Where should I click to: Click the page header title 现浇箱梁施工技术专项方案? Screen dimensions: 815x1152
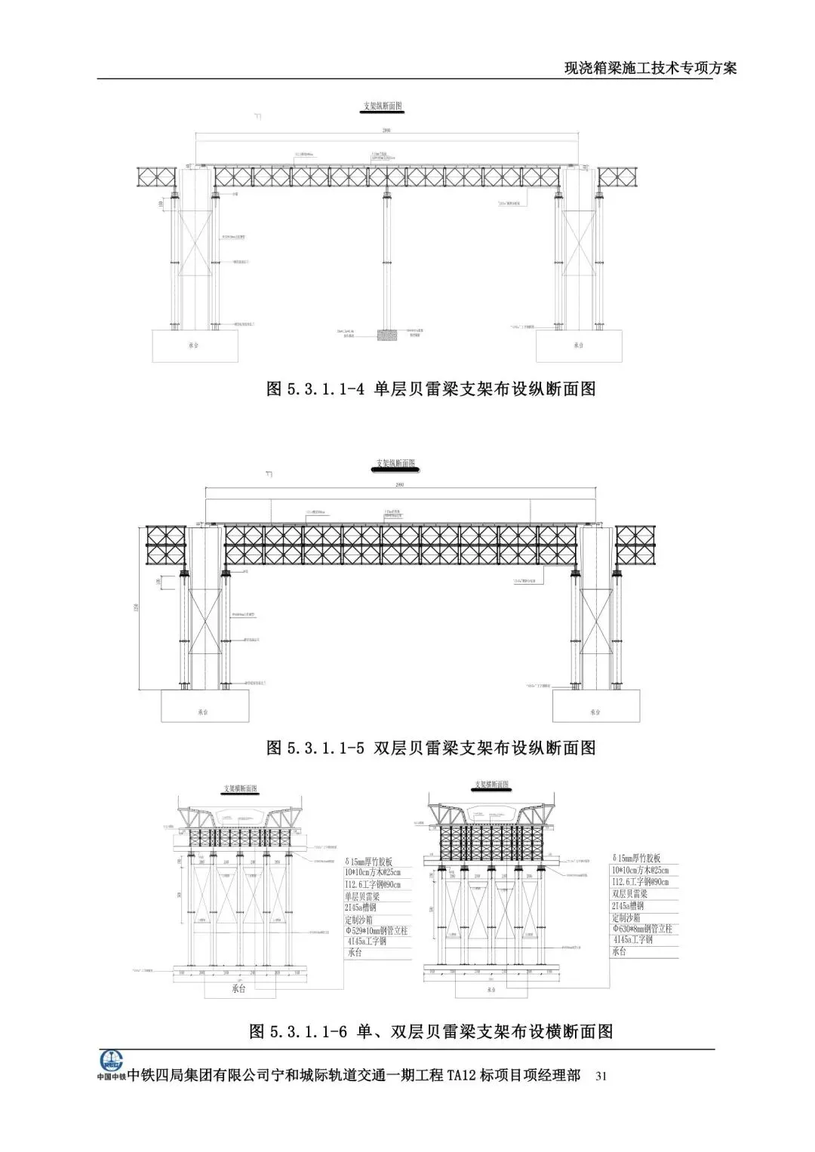[x=650, y=68]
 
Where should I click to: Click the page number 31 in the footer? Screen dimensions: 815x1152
[x=601, y=1075]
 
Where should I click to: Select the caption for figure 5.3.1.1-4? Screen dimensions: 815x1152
[x=431, y=389]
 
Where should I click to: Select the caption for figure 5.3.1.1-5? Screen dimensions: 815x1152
[x=431, y=748]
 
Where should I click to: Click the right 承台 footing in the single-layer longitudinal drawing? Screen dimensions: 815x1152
[x=578, y=346]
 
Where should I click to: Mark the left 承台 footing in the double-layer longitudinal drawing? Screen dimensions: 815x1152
[x=204, y=711]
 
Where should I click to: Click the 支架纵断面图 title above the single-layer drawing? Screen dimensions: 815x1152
[x=383, y=107]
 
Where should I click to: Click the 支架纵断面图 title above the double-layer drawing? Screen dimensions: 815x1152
[x=395, y=463]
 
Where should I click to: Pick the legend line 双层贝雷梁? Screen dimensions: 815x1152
[x=631, y=893]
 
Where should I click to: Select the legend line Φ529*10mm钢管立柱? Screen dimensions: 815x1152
[x=377, y=931]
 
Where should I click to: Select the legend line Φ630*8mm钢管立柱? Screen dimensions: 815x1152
[x=641, y=929]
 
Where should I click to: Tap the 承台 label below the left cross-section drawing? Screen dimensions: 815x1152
[x=238, y=989]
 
